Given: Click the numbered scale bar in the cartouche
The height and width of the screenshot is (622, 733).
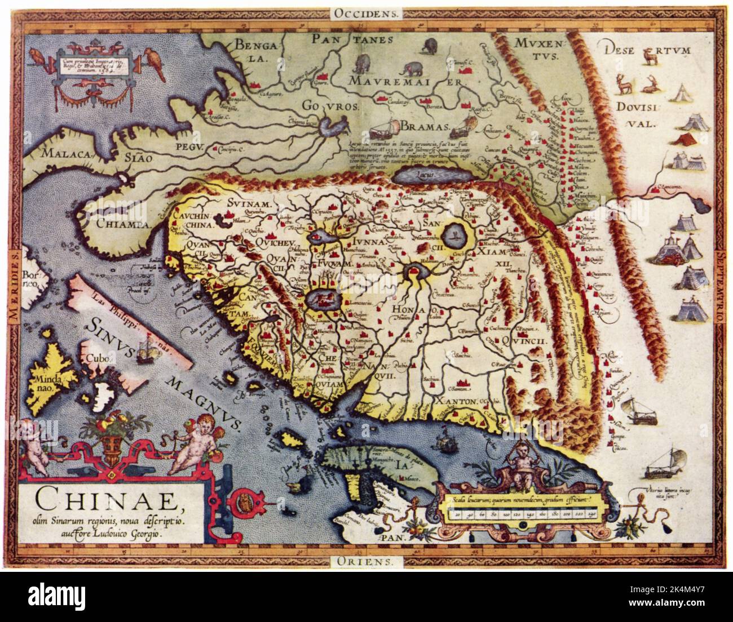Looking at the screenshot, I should (522, 514).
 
